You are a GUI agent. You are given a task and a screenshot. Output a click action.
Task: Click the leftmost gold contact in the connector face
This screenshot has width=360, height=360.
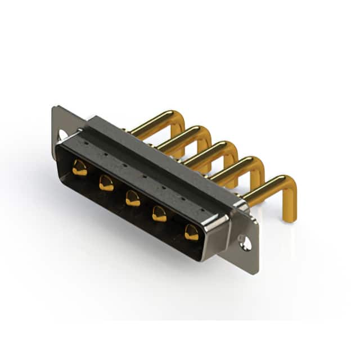click(x=80, y=168)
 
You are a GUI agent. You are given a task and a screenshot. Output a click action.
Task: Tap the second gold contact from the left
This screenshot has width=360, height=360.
click(x=106, y=182)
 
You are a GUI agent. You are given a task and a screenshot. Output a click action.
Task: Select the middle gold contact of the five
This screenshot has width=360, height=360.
click(x=133, y=198)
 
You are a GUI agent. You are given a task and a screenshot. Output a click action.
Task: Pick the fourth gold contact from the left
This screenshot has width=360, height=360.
click(x=160, y=214)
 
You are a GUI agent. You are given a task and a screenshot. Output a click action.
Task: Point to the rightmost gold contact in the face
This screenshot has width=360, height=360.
click(x=192, y=232)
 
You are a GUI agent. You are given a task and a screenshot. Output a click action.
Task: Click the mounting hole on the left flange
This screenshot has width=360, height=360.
click(x=62, y=135)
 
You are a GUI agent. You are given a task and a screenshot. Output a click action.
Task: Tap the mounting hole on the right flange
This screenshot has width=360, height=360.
click(x=245, y=243)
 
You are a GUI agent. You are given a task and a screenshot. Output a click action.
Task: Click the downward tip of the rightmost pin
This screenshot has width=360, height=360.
click(x=289, y=217)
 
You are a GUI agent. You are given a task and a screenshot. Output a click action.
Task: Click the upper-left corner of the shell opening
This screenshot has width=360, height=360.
click(x=60, y=147)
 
